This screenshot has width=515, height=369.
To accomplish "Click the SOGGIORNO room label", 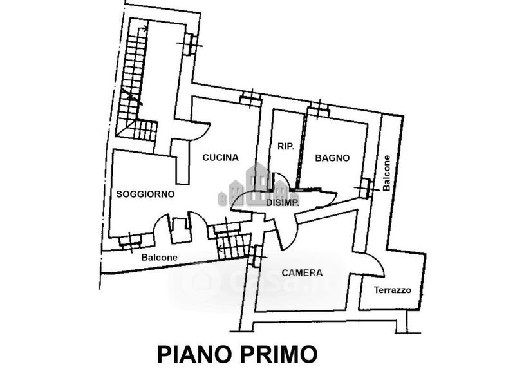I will tap(145, 193).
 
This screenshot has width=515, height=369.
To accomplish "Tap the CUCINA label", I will tap(220, 157).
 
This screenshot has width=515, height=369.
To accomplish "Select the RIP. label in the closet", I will tap(285, 147).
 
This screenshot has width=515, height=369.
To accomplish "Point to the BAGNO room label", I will tap(332, 158).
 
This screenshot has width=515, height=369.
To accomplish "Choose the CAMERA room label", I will tap(303, 273).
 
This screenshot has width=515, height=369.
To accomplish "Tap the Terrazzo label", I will tap(393, 290).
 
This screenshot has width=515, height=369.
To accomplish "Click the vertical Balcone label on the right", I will tap(386, 174).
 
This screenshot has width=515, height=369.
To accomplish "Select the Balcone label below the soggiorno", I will tap(159, 258).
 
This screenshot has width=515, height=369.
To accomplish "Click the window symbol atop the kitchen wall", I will tap(250, 99).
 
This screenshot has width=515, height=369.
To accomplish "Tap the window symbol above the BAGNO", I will tap(318, 108).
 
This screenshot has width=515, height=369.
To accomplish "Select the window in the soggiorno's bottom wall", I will tap(130, 240).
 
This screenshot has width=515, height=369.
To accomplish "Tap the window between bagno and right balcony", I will tap(366, 187).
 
